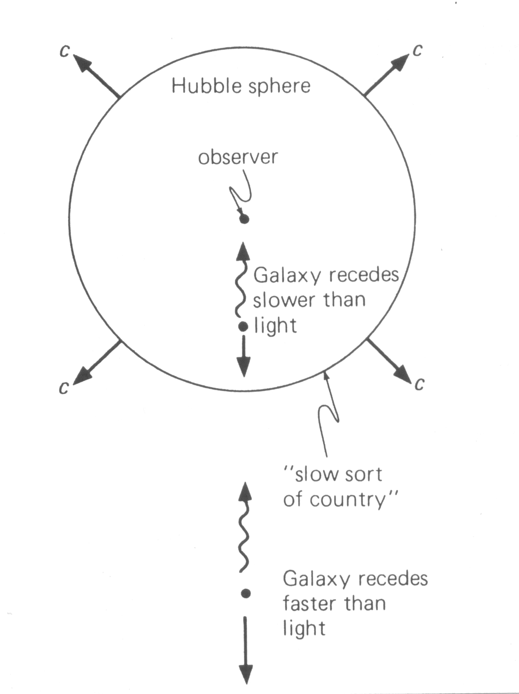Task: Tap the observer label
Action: [x=238, y=157]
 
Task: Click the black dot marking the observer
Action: [x=244, y=219]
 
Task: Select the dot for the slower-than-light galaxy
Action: [x=243, y=327]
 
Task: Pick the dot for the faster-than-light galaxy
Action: [x=246, y=594]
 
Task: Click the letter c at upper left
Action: [x=64, y=50]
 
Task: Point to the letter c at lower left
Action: [x=64, y=388]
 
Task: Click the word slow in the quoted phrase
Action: [x=310, y=474]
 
